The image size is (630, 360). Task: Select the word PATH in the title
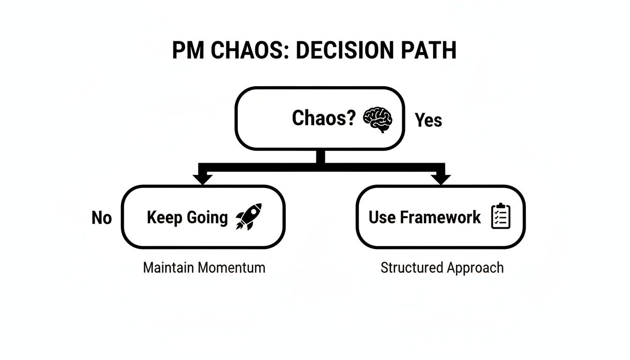(x=430, y=51)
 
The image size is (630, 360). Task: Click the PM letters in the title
(x=187, y=51)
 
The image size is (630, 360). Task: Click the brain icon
(x=377, y=119)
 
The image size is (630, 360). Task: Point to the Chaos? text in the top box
(x=323, y=118)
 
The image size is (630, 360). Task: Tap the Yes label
(x=428, y=120)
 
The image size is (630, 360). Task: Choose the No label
(x=102, y=218)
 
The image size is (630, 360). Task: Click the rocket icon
(x=248, y=217)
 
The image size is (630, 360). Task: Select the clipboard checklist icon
(x=501, y=217)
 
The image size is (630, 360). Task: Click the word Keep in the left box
(x=164, y=217)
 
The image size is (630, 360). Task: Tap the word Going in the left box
(x=207, y=218)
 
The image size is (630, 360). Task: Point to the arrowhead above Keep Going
(x=203, y=179)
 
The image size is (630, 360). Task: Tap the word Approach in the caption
(x=475, y=268)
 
